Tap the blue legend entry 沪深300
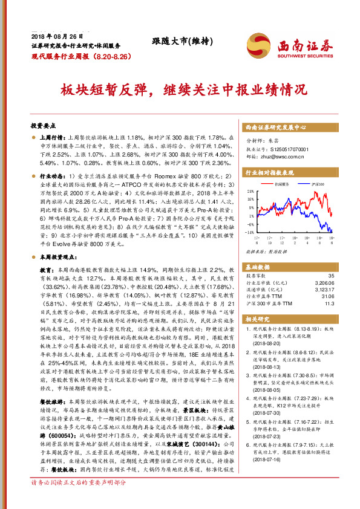(318, 184)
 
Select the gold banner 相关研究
(259, 317)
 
